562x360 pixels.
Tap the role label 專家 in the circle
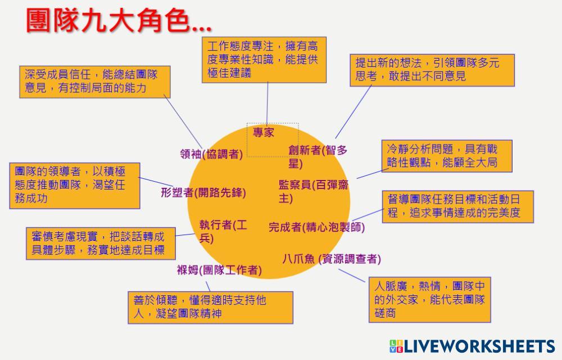[264, 133]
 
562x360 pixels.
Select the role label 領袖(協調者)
[211, 154]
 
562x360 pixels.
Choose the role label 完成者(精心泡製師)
[316, 227]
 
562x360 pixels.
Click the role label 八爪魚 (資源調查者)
[332, 259]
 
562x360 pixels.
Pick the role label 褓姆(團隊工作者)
[219, 271]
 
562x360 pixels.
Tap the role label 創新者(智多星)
[318, 156]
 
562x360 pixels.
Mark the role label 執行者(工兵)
[223, 231]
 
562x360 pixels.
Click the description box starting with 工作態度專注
[263, 60]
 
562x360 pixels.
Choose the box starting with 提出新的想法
[432, 70]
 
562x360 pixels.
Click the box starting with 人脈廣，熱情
[429, 299]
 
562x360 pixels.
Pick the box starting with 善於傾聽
[210, 307]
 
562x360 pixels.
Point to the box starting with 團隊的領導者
[75, 185]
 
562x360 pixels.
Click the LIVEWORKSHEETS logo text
[472, 346]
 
